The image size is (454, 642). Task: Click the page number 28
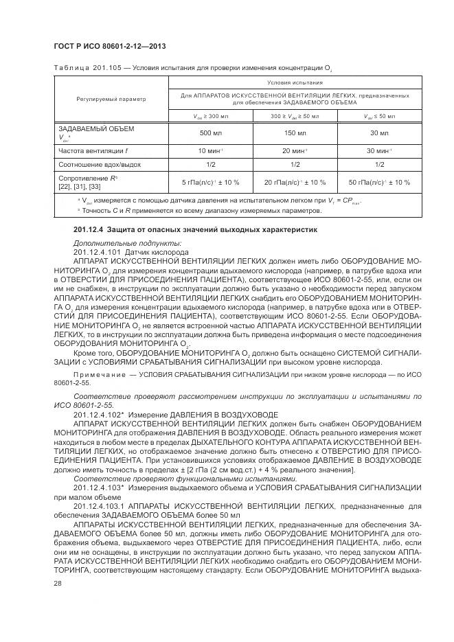coord(58,582)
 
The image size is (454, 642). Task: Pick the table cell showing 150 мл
coord(294,132)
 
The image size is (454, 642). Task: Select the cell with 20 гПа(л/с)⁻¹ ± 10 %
coord(294,182)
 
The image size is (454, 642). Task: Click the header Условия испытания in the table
coord(294,82)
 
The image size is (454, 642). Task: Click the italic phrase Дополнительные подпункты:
coord(117,244)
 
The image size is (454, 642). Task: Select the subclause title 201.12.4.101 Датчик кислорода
coord(130,252)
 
